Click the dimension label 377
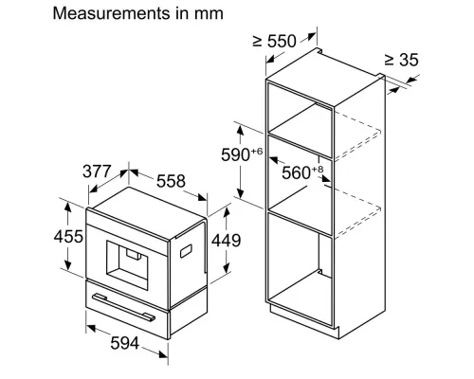click(x=98, y=172)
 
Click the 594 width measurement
click(x=123, y=343)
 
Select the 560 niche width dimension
click(x=297, y=172)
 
